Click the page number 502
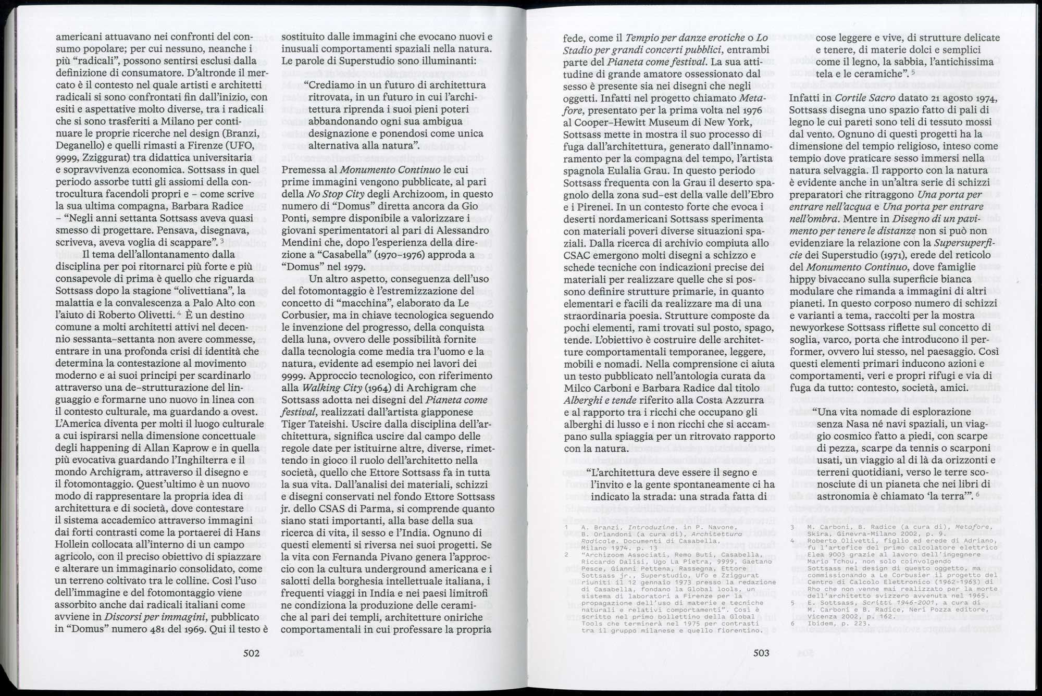(x=251, y=653)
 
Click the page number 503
(x=761, y=653)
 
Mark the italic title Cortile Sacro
(x=872, y=98)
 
